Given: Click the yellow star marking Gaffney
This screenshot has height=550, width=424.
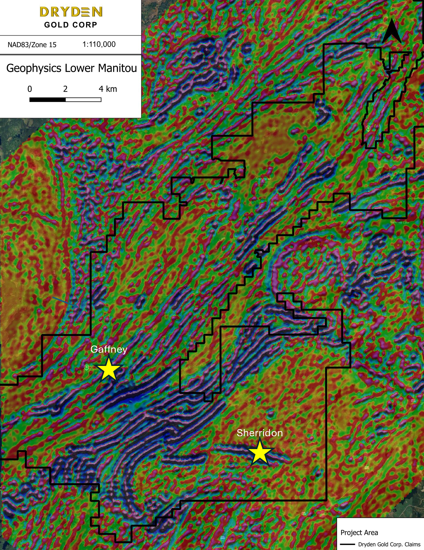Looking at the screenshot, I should [108, 369].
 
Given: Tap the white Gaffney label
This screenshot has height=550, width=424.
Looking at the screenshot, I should [109, 349].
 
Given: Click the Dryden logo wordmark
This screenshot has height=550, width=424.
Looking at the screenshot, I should [71, 12].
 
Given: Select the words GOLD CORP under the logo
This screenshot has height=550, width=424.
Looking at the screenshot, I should [71, 25].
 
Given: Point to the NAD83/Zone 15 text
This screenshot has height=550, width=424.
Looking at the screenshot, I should [32, 45].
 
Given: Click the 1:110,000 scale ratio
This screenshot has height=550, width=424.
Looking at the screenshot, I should [99, 44].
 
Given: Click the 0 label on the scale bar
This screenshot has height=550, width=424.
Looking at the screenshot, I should [30, 89].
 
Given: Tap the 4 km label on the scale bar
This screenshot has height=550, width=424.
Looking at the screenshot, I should [108, 89].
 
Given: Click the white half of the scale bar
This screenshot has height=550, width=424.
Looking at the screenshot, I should [83, 100].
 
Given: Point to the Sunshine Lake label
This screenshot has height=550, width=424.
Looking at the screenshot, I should [399, 222].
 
